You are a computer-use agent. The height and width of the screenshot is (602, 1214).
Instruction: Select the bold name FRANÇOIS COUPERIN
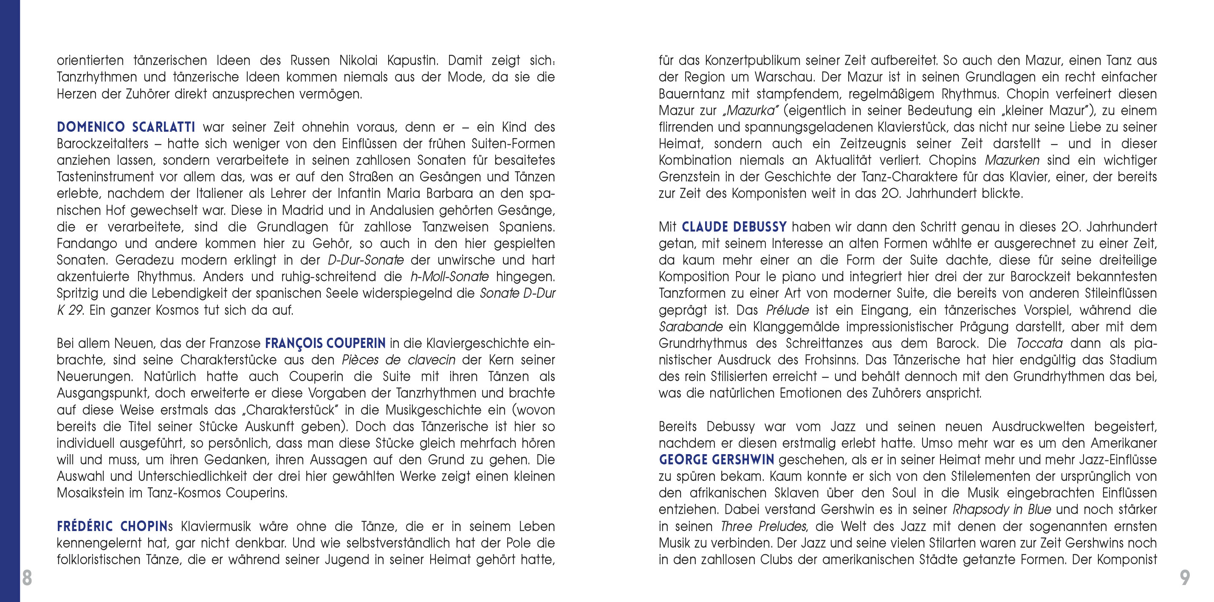[325, 343]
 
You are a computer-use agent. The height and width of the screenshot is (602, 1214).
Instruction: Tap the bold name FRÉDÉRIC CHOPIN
[112, 526]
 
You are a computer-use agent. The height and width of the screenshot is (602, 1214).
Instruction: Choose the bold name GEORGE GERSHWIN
[716, 460]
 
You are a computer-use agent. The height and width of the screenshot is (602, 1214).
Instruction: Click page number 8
[27, 578]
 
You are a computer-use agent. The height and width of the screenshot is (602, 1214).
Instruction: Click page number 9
[1185, 578]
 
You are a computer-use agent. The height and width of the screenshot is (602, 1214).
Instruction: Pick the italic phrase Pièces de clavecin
[398, 360]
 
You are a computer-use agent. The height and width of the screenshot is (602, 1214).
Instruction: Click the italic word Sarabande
[690, 327]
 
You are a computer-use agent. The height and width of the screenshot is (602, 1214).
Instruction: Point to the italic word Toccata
[1039, 343]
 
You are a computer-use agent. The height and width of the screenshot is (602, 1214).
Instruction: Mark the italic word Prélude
[788, 310]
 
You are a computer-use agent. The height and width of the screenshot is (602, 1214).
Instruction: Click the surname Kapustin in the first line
[413, 61]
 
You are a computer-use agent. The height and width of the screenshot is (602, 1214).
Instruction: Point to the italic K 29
[70, 310]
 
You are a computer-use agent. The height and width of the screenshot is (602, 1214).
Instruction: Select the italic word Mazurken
[1012, 160]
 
